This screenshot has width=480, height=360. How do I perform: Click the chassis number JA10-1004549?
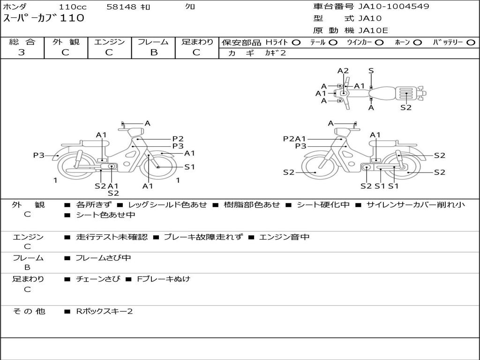tap(394, 7)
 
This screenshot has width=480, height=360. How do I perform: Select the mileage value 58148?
tap(122, 7)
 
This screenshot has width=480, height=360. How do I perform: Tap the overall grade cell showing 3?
tap(22, 52)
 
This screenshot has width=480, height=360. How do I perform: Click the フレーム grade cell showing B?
tap(153, 52)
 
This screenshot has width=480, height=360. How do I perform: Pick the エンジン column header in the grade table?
tap(109, 42)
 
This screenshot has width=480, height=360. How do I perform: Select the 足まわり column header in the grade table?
tap(197, 42)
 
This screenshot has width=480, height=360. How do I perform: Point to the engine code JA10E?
tap(373, 31)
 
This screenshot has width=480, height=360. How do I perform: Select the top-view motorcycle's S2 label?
tap(406, 107)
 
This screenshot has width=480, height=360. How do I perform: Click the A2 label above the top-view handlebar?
tap(343, 71)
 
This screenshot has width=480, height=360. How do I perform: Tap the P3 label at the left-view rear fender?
tap(38, 155)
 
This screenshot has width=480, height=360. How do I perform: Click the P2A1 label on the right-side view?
tap(294, 139)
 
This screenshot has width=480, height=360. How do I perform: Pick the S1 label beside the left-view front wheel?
tap(189, 167)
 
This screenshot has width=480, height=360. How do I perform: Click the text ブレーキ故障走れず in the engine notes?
tap(203, 237)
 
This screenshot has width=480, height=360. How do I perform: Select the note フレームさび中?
tap(103, 258)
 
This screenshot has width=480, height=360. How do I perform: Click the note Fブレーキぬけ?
tap(163, 279)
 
